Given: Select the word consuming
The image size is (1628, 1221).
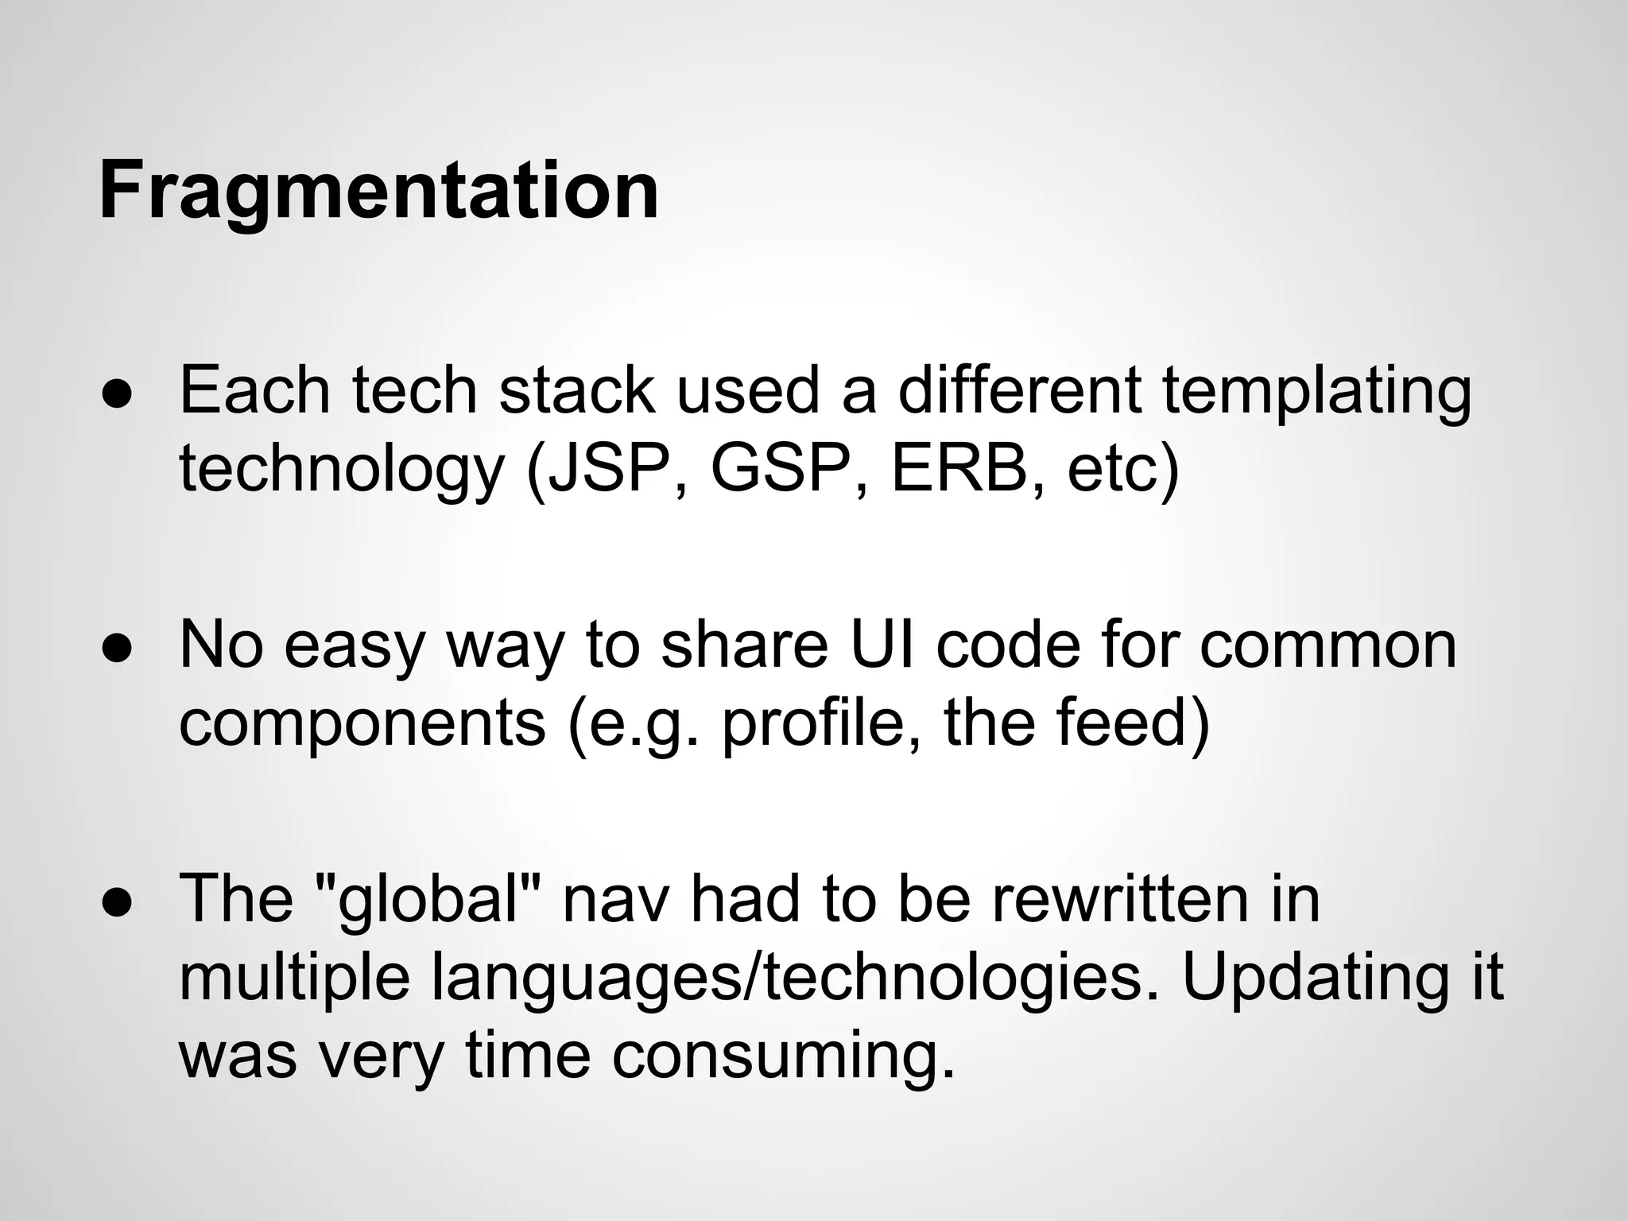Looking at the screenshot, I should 783,1058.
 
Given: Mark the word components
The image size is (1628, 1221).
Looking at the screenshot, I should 362,723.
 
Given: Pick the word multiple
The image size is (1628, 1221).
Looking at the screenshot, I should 295,977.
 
